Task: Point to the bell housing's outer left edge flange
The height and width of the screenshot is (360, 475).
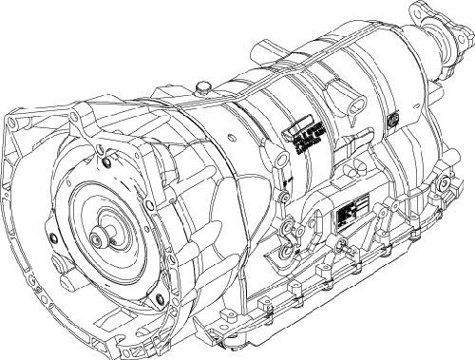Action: pos(11,190)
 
